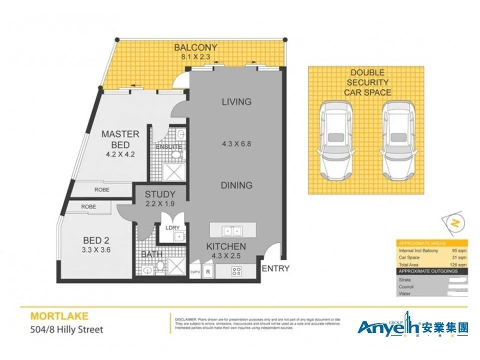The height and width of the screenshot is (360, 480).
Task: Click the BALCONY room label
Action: (195, 48)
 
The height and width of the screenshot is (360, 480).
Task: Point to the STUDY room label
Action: (160, 194)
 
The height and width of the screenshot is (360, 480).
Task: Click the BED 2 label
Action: (96, 240)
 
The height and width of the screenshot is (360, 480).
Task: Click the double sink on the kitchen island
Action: (231, 231)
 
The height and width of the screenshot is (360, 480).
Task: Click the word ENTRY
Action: (275, 268)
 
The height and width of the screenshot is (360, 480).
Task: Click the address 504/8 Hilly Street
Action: (67, 329)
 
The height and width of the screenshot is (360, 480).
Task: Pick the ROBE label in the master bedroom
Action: (102, 190)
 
